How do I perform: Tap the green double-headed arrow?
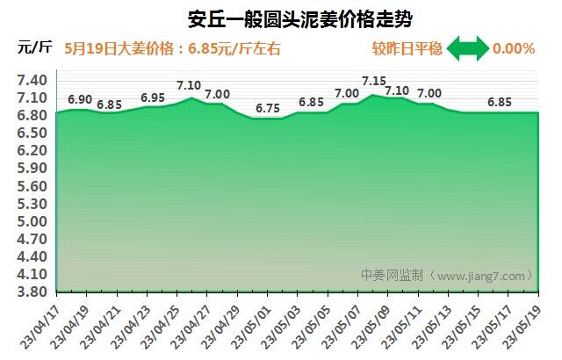click(467, 48)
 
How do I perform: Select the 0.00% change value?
click(514, 48)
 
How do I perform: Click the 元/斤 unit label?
click(33, 48)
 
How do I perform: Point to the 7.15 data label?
click(374, 82)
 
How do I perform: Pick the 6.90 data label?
click(80, 99)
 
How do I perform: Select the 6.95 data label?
click(153, 97)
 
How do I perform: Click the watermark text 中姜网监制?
click(392, 276)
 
